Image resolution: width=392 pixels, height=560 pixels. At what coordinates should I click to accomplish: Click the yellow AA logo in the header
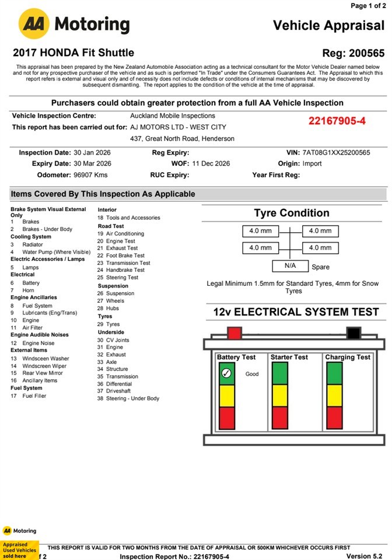(x=34, y=24)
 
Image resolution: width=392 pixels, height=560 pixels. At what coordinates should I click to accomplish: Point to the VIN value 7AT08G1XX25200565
(x=336, y=153)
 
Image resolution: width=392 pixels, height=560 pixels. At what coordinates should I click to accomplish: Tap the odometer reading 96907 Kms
(x=91, y=175)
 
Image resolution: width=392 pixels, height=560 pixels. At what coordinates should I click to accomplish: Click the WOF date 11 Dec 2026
(x=211, y=164)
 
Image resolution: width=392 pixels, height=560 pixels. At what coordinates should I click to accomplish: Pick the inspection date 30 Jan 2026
(x=92, y=153)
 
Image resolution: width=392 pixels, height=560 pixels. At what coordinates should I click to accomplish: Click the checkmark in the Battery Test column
(x=227, y=373)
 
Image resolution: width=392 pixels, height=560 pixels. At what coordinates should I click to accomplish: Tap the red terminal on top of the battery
(x=235, y=333)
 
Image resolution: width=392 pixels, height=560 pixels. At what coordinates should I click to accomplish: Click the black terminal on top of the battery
(x=353, y=333)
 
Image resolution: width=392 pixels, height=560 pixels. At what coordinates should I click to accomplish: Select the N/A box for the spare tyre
(x=290, y=266)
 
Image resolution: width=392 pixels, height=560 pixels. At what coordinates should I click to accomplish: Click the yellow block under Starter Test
(x=280, y=395)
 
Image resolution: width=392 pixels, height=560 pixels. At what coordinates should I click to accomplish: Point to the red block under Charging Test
(x=334, y=418)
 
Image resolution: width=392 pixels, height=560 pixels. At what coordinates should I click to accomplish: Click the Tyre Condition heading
(x=292, y=213)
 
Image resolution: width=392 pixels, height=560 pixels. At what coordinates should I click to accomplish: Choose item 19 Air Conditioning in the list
(x=121, y=233)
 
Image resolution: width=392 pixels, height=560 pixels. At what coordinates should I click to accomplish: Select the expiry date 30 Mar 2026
(x=92, y=164)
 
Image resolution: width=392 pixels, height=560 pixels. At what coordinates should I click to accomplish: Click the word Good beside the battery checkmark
(x=252, y=374)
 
